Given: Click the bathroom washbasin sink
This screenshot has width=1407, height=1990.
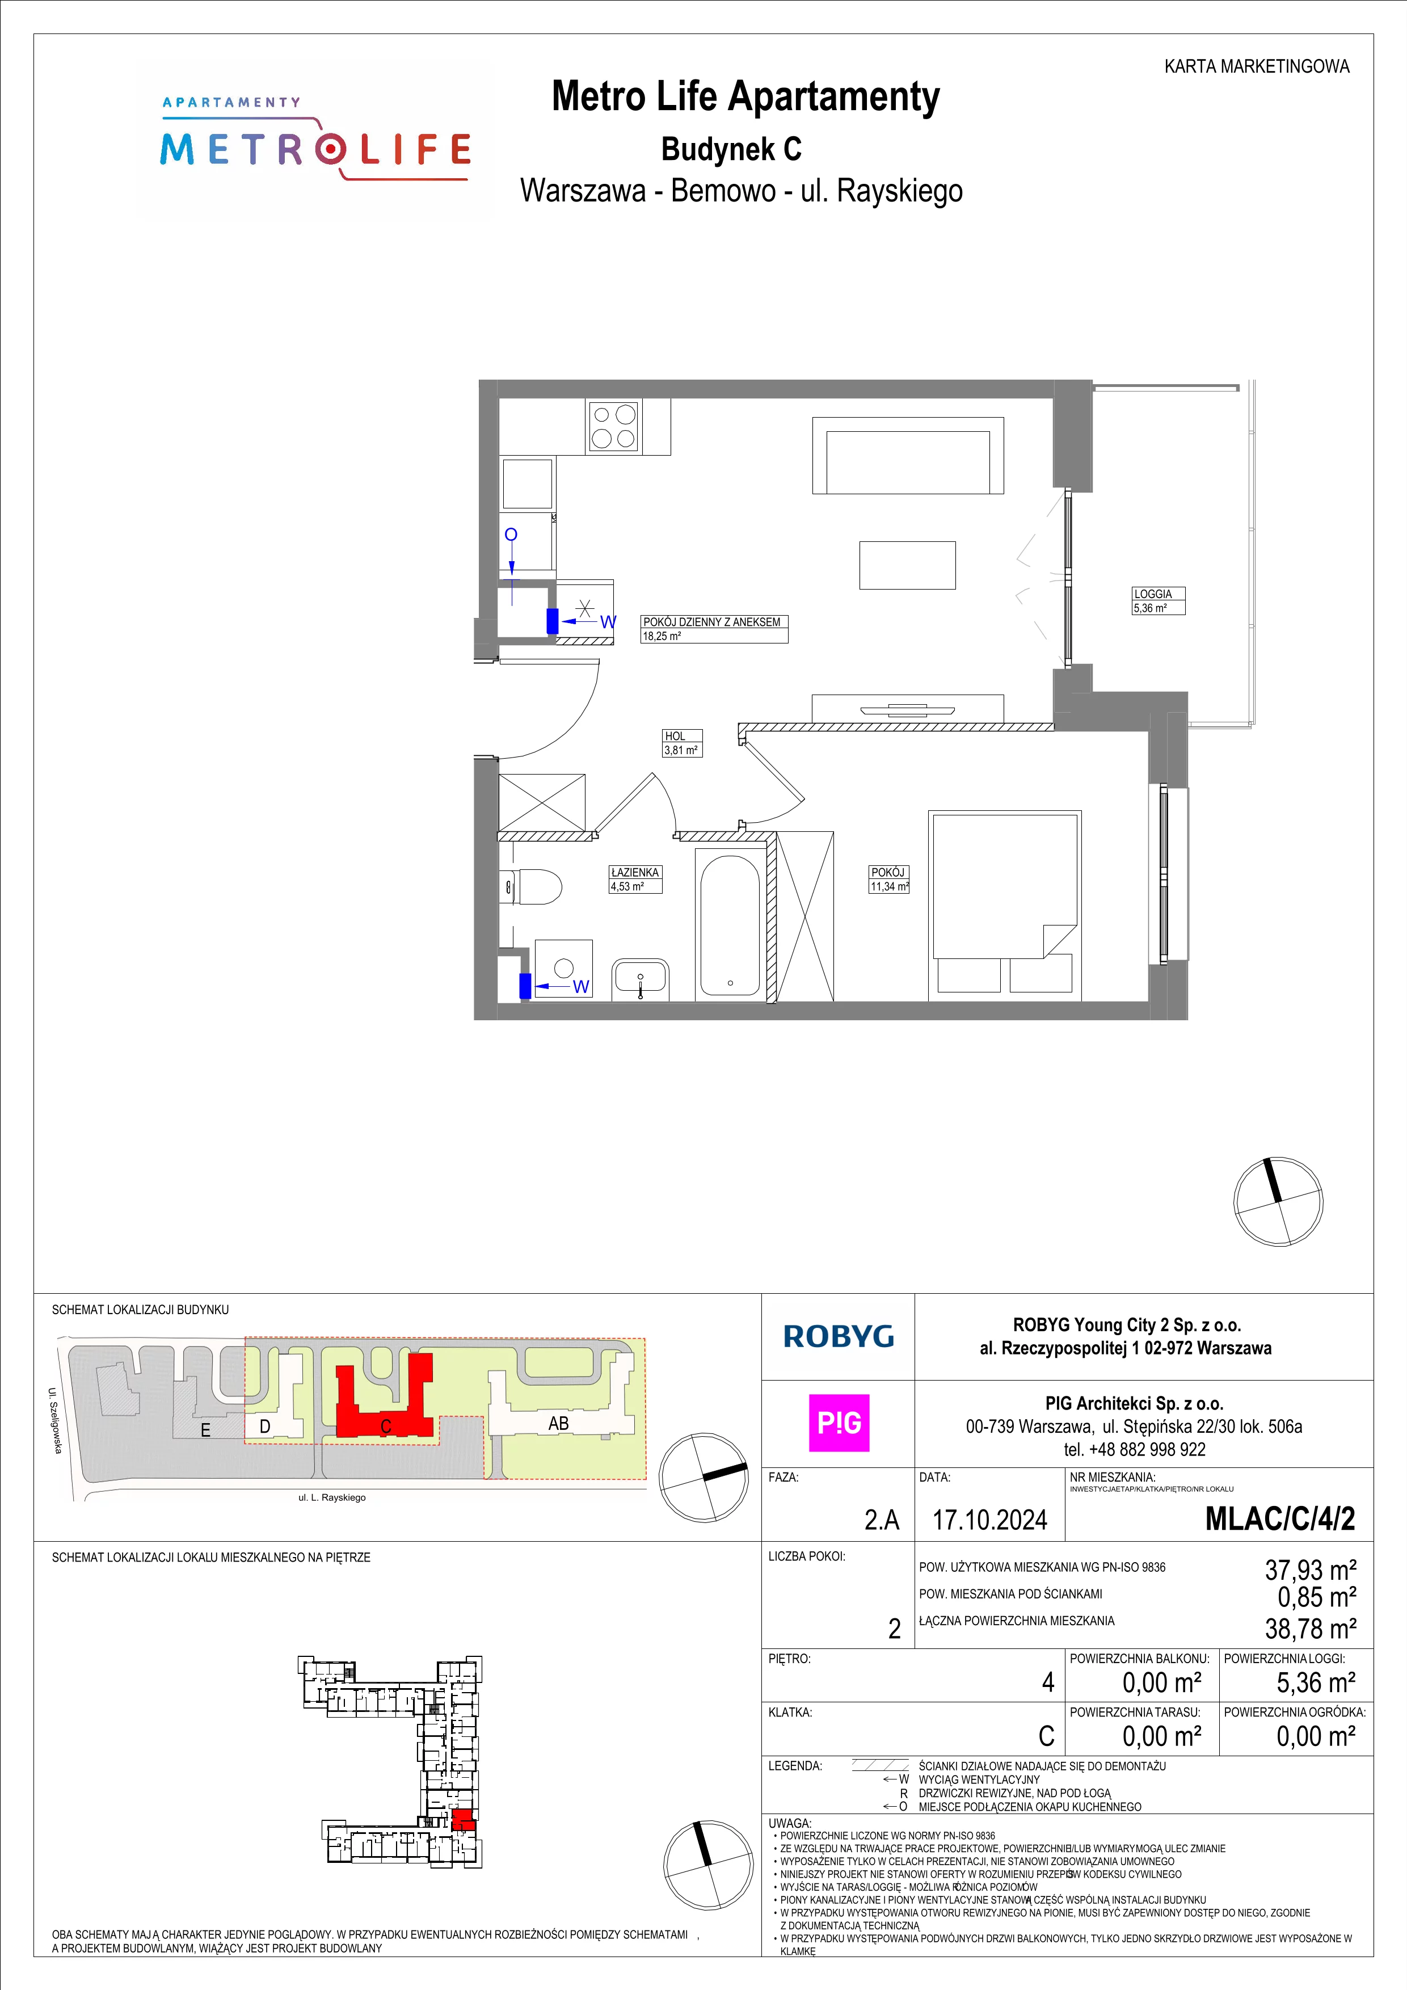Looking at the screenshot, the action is (641, 978).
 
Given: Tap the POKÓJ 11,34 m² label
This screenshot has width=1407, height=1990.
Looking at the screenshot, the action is (890, 879).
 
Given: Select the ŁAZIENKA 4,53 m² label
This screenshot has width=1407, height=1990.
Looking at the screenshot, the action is (635, 879).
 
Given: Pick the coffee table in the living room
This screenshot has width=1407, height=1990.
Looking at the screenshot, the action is (907, 565).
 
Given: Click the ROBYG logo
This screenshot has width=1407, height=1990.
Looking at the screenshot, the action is (839, 1336).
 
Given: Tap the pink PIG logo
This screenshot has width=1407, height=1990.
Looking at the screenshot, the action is (839, 1423).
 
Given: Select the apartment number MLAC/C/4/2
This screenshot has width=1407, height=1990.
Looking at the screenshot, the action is (1280, 1518).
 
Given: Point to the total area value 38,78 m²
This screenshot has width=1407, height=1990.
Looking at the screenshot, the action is (1311, 1629).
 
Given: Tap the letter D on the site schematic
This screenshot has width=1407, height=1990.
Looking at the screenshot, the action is (265, 1427).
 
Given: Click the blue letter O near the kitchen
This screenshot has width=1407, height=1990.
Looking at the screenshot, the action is (511, 534).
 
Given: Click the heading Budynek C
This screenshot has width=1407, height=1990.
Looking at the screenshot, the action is (731, 149).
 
